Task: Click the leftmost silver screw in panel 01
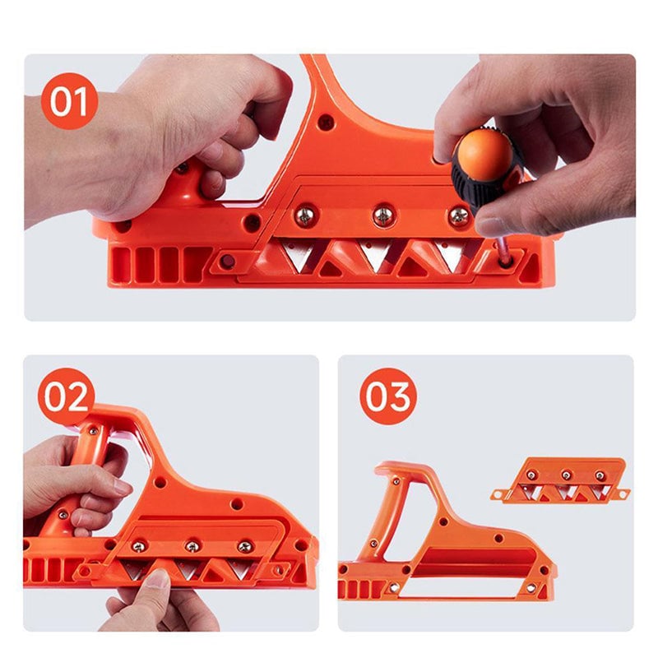(x=304, y=216)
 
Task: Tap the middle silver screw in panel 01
(x=383, y=216)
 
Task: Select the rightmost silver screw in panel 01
(x=458, y=216)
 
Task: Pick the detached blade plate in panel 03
(x=563, y=480)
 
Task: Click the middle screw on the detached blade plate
(x=566, y=475)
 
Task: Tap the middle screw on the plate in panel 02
(x=192, y=546)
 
